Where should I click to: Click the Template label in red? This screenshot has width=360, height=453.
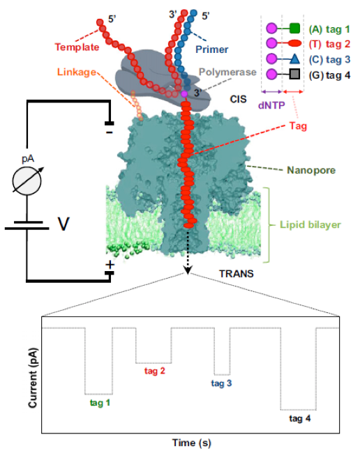point(77,47)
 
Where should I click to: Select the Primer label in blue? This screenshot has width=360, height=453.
point(212,49)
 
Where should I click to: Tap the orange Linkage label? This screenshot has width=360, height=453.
point(77,72)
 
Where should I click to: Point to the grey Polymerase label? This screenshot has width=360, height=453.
point(227,72)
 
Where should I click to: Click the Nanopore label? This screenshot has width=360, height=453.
point(311,170)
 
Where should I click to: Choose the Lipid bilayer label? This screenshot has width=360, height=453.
point(310,224)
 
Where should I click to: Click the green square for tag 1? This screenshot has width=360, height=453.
point(294,29)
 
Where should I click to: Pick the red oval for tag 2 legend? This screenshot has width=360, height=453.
point(294,43)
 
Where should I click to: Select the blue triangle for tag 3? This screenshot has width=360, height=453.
point(294,59)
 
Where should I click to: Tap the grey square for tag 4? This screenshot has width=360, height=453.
point(294,75)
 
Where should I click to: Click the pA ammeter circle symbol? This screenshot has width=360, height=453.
point(27,181)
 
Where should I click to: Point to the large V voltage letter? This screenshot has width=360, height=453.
point(63,224)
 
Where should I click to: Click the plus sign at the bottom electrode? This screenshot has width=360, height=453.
point(110,265)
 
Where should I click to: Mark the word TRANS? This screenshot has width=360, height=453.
point(237,274)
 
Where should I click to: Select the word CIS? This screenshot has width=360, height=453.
point(239,99)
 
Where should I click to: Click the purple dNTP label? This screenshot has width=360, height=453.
point(271,105)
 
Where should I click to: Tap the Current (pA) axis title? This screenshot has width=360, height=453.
point(33,378)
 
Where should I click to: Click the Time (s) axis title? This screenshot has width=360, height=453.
point(192,443)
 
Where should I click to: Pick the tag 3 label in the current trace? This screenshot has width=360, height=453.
point(221,383)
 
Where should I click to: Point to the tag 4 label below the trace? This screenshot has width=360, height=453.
point(300,418)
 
